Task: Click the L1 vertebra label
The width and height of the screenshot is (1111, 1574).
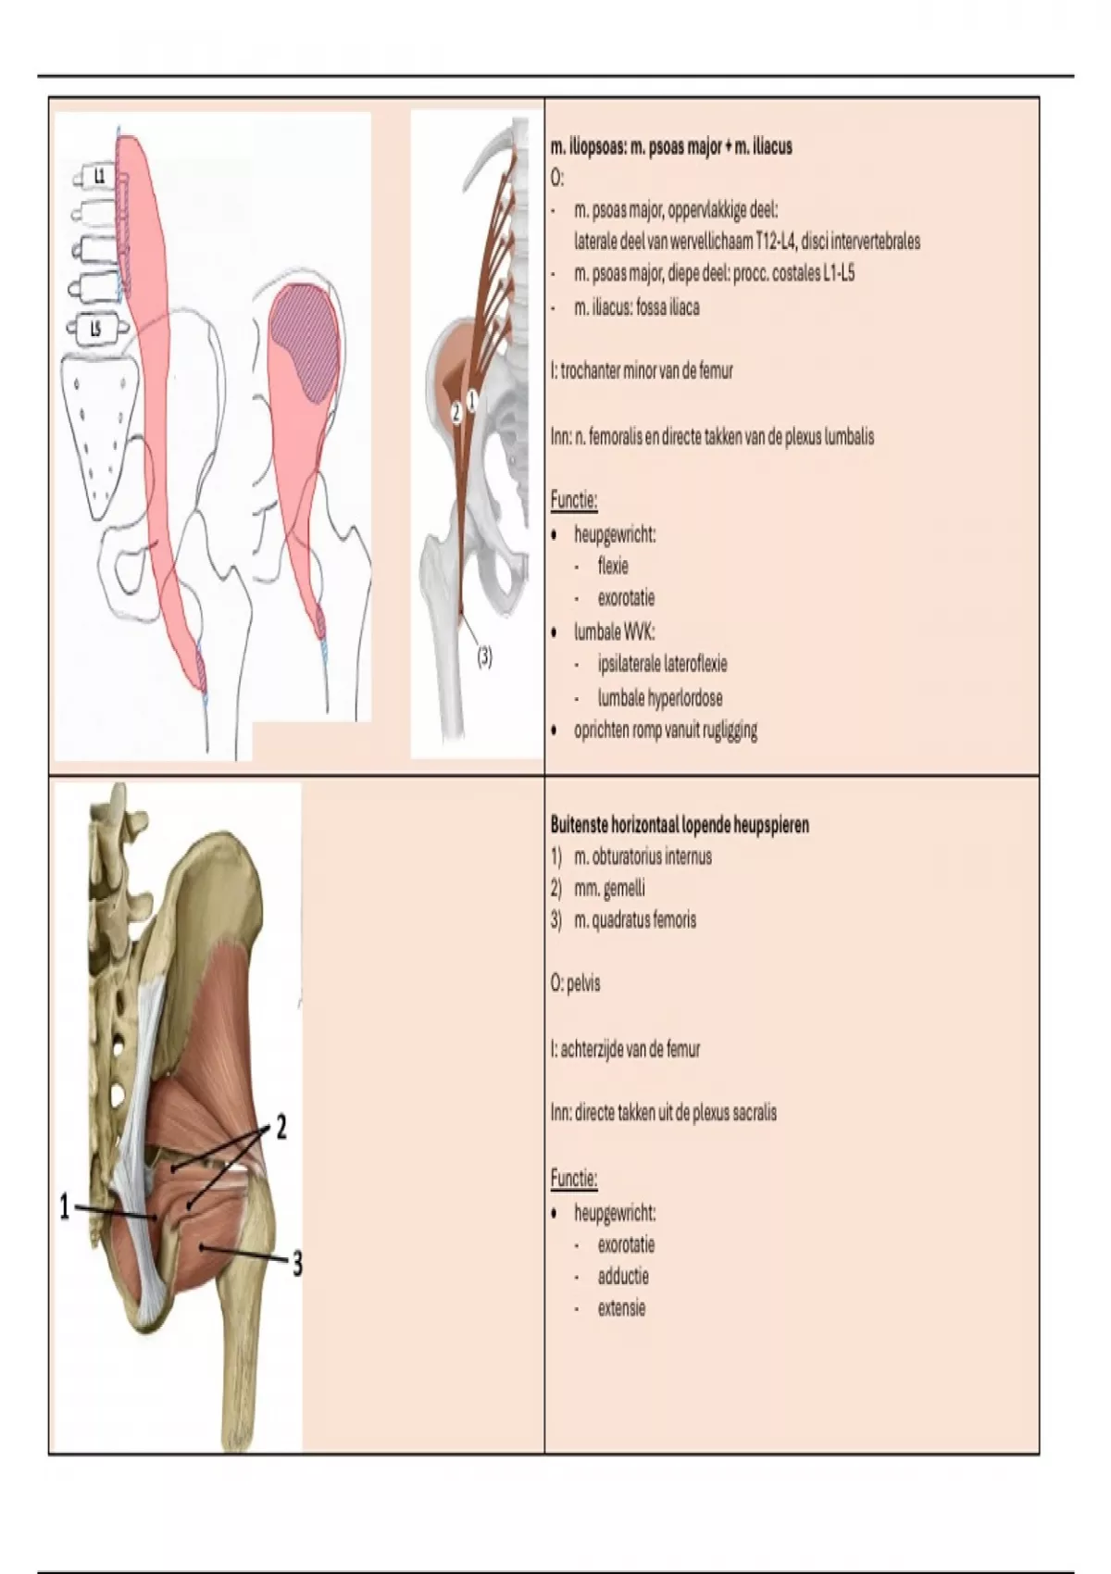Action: pos(100,177)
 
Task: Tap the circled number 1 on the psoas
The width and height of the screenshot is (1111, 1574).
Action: pos(472,401)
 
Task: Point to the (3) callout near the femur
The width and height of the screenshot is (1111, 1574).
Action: pos(485,657)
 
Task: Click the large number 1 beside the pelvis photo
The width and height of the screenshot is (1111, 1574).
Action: pos(66,1207)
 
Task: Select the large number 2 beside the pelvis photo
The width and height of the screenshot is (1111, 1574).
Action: pos(281,1128)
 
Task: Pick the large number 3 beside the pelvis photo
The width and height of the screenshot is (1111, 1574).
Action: pos(296,1265)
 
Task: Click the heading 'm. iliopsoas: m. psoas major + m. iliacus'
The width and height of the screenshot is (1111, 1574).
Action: pos(671,147)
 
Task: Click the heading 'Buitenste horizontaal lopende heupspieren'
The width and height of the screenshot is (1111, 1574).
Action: pos(680,825)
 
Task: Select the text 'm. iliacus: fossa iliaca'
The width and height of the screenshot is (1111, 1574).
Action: pos(637,307)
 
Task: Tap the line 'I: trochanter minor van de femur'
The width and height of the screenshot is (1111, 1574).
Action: pos(642,371)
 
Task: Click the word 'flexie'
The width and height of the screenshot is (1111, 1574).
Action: pos(613,566)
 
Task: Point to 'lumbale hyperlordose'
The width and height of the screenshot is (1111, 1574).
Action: pos(660,698)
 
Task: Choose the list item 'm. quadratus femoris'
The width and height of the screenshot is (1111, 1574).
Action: pos(635,919)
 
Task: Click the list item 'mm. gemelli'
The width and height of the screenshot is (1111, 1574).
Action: pos(609,888)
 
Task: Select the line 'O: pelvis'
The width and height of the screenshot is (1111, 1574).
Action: pos(576,983)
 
